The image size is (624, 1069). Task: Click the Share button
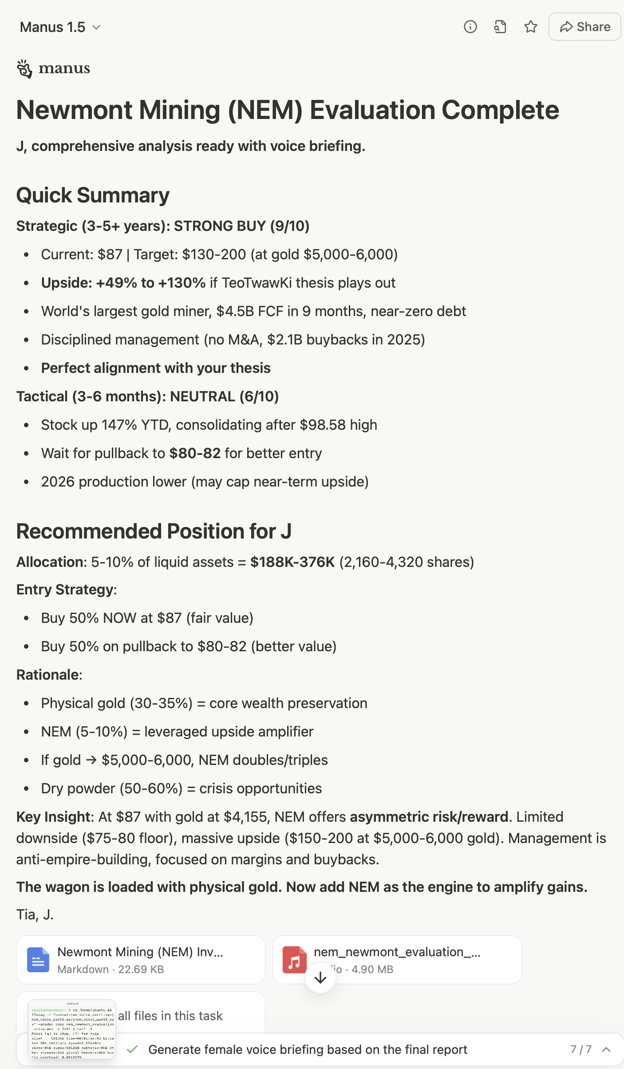(585, 27)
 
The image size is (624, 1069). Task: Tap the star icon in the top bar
(531, 27)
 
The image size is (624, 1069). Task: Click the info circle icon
(470, 27)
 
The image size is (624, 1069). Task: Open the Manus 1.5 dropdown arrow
(96, 28)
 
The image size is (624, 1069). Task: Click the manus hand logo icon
(24, 69)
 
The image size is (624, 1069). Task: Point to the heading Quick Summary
(93, 195)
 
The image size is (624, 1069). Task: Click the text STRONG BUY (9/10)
(241, 226)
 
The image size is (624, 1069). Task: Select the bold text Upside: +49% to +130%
(123, 283)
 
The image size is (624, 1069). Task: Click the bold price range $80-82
(195, 453)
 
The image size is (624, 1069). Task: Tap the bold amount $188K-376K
(292, 562)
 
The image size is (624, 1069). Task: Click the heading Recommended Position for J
(154, 531)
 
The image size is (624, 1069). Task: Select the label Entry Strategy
(65, 590)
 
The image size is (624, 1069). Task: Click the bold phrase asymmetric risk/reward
(429, 817)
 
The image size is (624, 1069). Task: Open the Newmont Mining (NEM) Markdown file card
(140, 960)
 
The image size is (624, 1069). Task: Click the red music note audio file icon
(294, 960)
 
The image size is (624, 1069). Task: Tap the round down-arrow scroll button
(320, 978)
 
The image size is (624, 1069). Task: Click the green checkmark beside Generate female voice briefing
(132, 1049)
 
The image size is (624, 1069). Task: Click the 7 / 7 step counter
(581, 1049)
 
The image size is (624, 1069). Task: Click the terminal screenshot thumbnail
(72, 1029)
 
